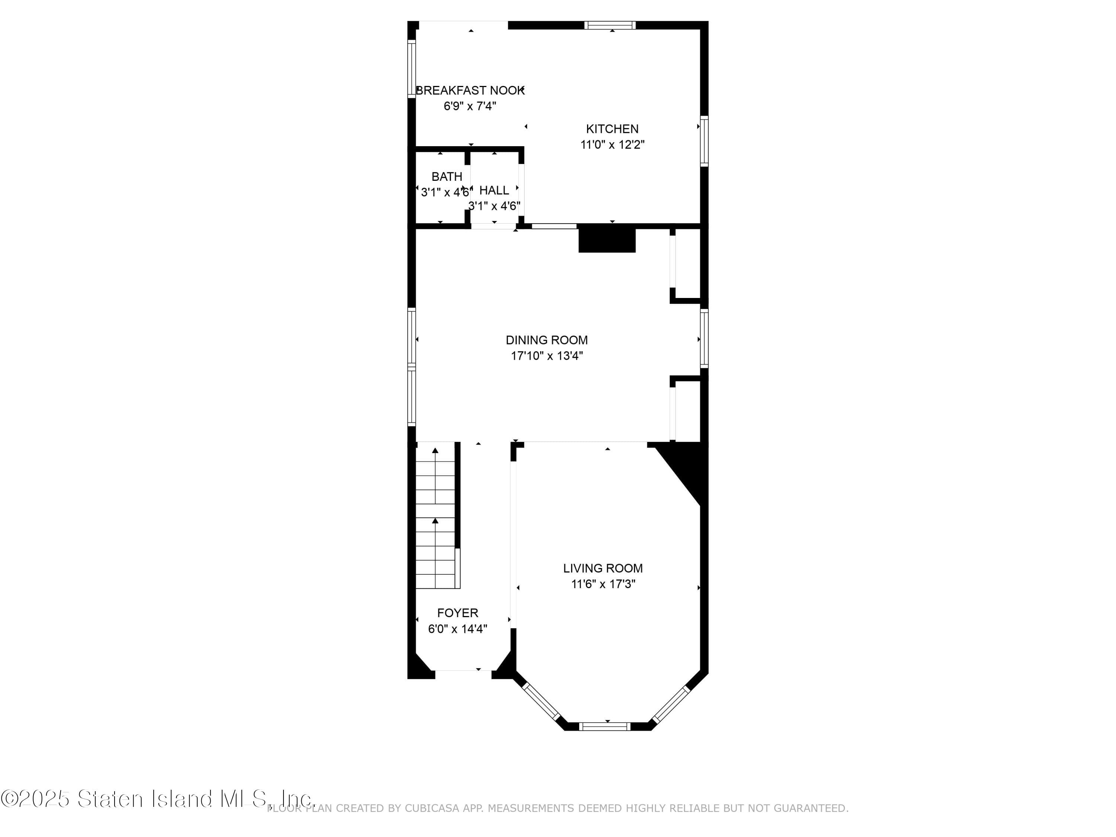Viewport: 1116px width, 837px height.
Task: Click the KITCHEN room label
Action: tap(612, 129)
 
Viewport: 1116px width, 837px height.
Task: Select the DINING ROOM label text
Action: tap(546, 340)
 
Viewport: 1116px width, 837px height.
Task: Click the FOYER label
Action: tap(457, 613)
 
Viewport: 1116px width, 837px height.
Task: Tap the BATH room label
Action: tap(446, 177)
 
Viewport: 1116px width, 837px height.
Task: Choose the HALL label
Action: tap(494, 190)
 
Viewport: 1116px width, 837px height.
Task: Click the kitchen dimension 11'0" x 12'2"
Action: tap(612, 145)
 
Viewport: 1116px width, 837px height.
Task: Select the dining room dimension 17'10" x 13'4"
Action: tap(546, 356)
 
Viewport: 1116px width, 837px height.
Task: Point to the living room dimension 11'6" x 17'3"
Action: tap(603, 584)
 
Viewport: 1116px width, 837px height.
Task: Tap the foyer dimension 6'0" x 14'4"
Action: tap(457, 629)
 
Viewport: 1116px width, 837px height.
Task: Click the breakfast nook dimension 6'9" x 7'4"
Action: tap(470, 106)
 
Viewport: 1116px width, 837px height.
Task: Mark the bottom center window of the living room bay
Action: tap(604, 727)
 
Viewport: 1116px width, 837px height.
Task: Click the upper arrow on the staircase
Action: tap(435, 450)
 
